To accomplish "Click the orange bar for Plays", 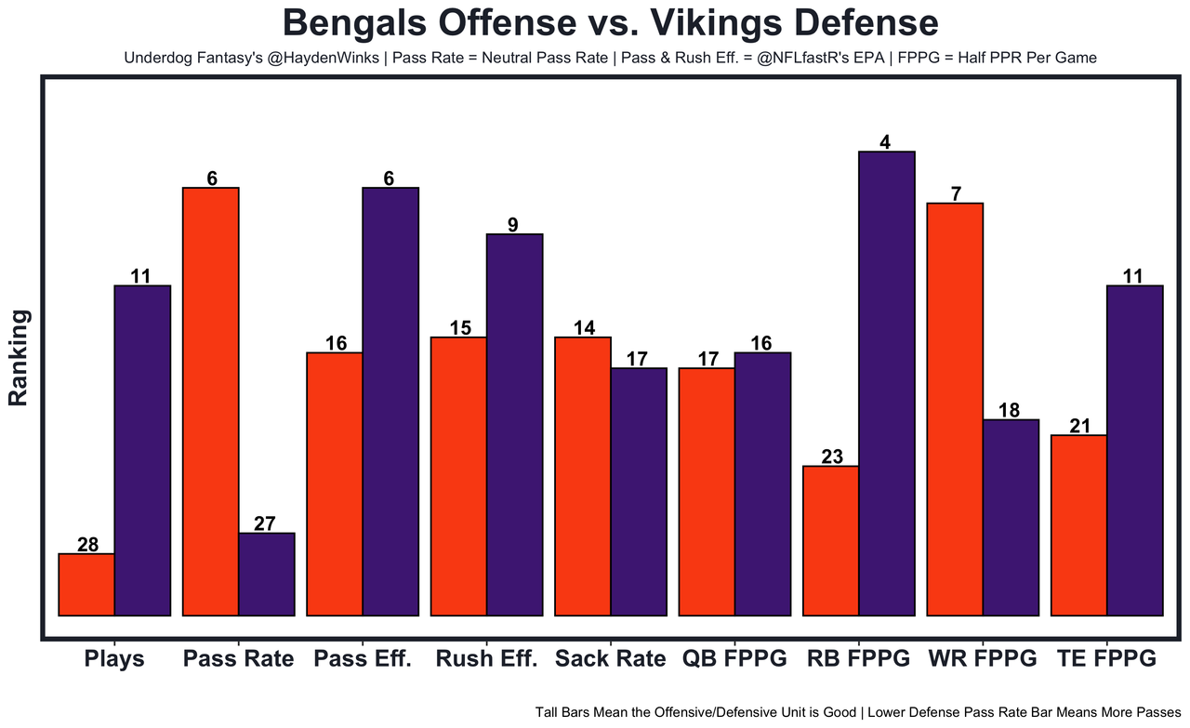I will tap(86, 585).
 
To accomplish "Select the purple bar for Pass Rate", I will tap(267, 574).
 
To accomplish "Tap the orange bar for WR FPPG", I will tap(955, 409).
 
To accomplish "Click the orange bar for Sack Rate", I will tap(583, 476).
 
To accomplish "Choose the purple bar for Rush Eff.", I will tap(515, 425).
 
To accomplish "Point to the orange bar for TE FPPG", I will tap(1078, 525).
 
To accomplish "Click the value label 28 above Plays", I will tap(87, 545).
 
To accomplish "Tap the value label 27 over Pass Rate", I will tap(267, 523).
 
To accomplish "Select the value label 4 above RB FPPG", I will tap(885, 142).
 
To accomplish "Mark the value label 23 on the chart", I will tap(831, 457).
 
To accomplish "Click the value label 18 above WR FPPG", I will tap(1011, 410).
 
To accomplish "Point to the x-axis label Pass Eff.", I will tap(363, 659).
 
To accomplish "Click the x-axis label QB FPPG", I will tap(734, 659).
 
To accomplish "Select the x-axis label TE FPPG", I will tap(1106, 659).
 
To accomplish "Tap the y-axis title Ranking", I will tap(20, 358).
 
